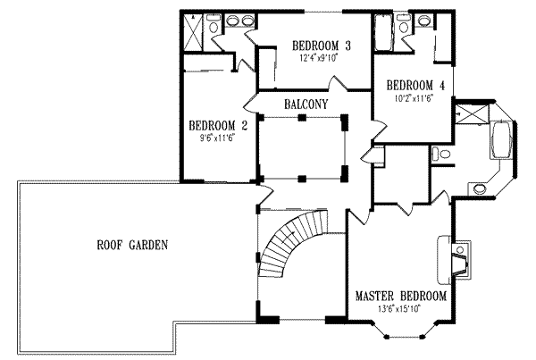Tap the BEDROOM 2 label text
click(212, 126)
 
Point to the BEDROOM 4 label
click(415, 86)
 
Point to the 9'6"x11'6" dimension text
click(212, 138)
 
